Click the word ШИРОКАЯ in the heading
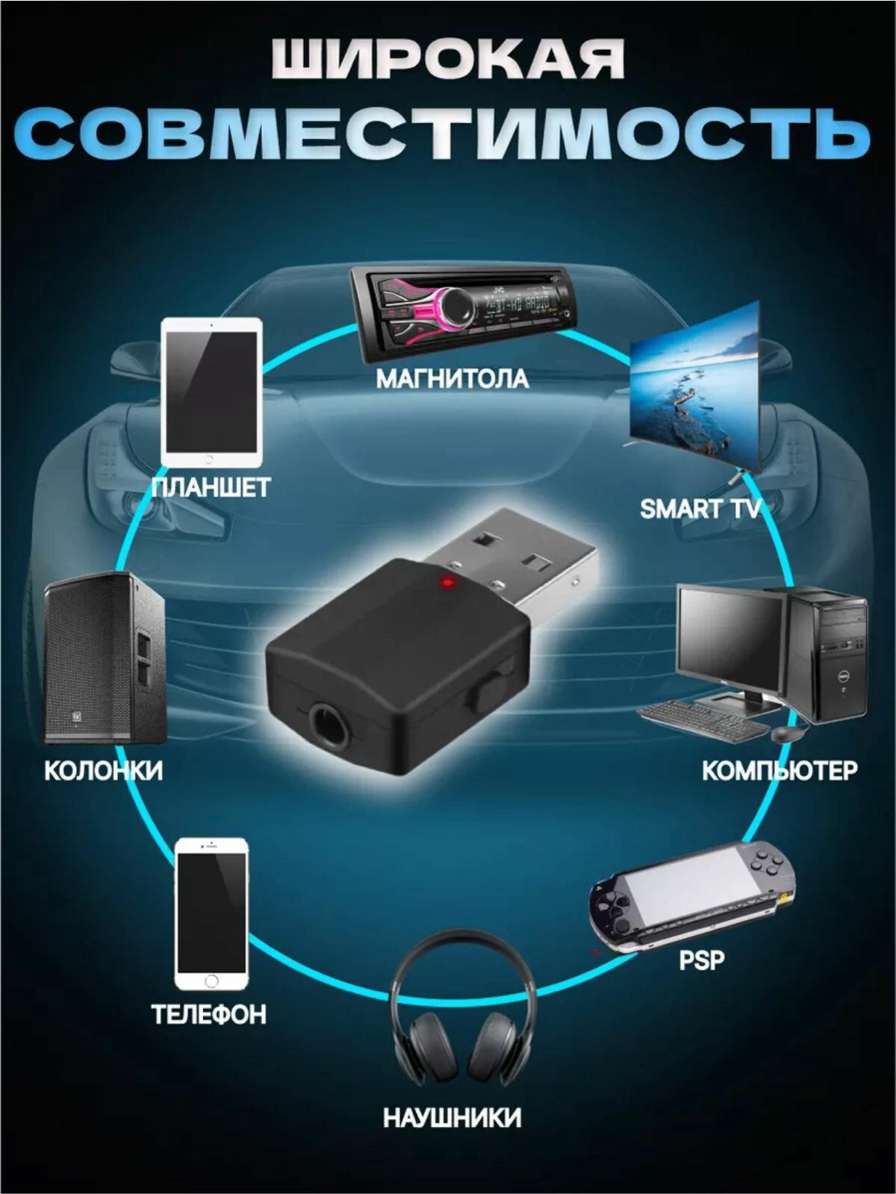(x=448, y=60)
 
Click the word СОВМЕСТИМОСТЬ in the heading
(x=448, y=133)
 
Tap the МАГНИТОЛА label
(x=452, y=379)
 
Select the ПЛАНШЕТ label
(x=211, y=488)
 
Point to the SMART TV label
(x=700, y=509)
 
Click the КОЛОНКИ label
(x=103, y=769)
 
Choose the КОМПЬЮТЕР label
(x=780, y=769)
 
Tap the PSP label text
(x=701, y=960)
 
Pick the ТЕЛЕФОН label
(x=208, y=1014)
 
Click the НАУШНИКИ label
(x=452, y=1118)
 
